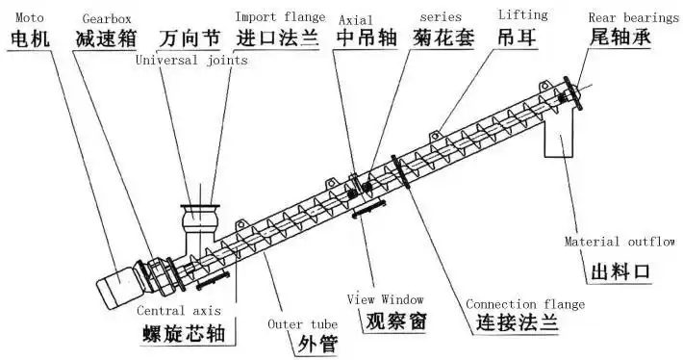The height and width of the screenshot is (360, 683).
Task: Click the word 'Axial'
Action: point(357,17)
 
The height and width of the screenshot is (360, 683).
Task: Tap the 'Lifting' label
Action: point(521,14)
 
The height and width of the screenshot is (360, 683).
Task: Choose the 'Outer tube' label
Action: point(299,323)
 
